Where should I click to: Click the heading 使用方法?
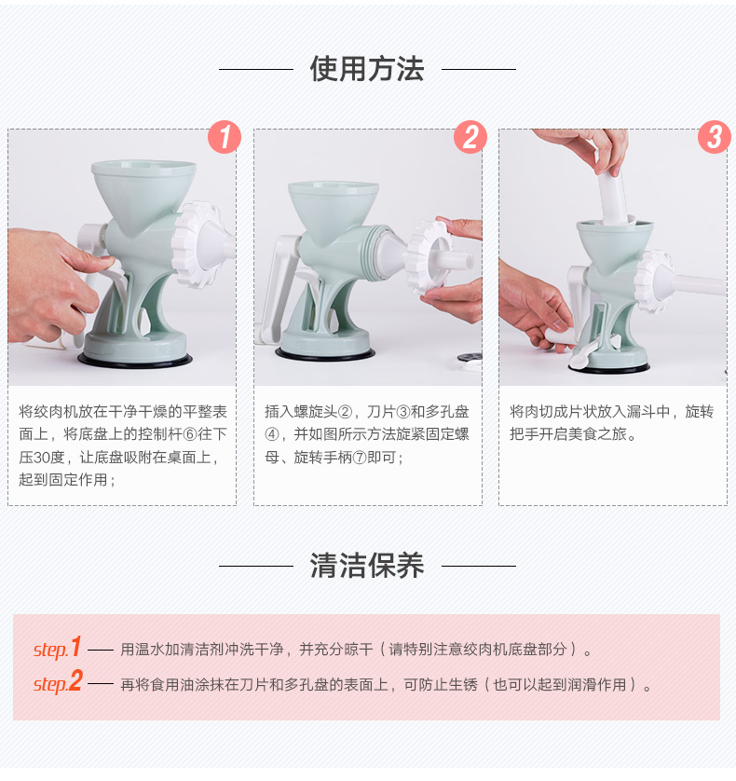tap(367, 69)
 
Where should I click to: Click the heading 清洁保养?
tap(367, 566)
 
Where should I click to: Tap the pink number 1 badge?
tap(225, 137)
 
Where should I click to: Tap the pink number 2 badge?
tap(470, 137)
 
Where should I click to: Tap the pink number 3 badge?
tap(715, 137)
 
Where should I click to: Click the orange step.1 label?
tap(57, 648)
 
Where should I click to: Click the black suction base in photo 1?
tap(134, 361)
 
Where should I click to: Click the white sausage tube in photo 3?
tap(697, 285)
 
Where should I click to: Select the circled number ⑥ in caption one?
tap(190, 434)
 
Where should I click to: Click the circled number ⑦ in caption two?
tap(360, 458)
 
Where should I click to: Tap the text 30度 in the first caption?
tap(48, 458)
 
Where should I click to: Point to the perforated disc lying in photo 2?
tap(470, 357)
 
